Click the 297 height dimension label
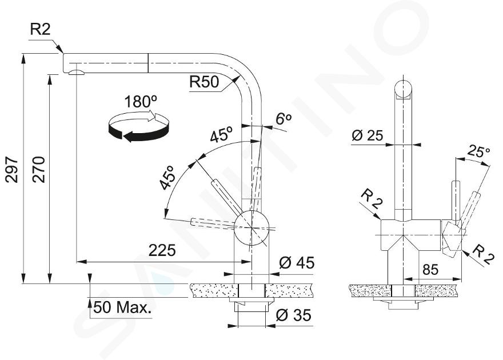click(13, 170)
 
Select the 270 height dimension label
click(39, 170)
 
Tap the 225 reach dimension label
click(162, 250)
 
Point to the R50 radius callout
click(204, 82)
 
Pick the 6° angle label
click(284, 119)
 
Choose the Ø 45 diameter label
click(297, 263)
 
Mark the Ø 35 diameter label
click(293, 315)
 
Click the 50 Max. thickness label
click(122, 308)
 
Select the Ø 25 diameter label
click(368, 135)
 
